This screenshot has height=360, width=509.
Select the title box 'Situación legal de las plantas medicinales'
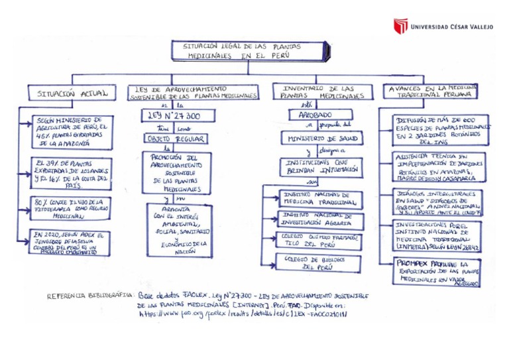(x=248, y=52)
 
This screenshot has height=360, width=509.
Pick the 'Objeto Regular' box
(x=175, y=139)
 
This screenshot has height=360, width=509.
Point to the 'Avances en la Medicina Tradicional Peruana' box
(x=432, y=91)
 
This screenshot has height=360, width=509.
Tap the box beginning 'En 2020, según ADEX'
(x=70, y=242)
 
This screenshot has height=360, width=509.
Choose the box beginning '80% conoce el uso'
(x=70, y=209)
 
